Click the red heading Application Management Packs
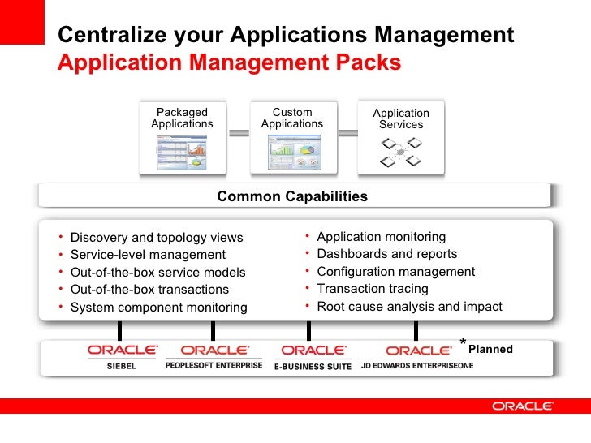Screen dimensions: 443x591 click(x=230, y=62)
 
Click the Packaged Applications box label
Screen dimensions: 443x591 click(x=182, y=118)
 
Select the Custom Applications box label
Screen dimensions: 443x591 click(x=292, y=118)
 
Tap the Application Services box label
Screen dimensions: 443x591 click(x=401, y=119)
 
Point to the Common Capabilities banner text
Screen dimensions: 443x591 click(x=292, y=196)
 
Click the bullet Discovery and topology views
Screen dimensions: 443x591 click(x=157, y=238)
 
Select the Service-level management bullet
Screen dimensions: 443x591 click(x=148, y=255)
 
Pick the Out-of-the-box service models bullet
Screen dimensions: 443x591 click(x=157, y=273)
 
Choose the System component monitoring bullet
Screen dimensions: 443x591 click(x=158, y=308)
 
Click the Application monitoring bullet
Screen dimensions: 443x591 click(x=381, y=237)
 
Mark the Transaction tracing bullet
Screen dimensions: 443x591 click(x=372, y=289)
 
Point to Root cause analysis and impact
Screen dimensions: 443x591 click(x=409, y=307)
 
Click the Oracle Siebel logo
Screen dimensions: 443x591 click(x=122, y=356)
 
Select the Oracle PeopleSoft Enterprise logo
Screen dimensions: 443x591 click(x=214, y=356)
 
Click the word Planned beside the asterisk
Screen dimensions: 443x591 click(x=490, y=350)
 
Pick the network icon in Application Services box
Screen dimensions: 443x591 click(x=401, y=152)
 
